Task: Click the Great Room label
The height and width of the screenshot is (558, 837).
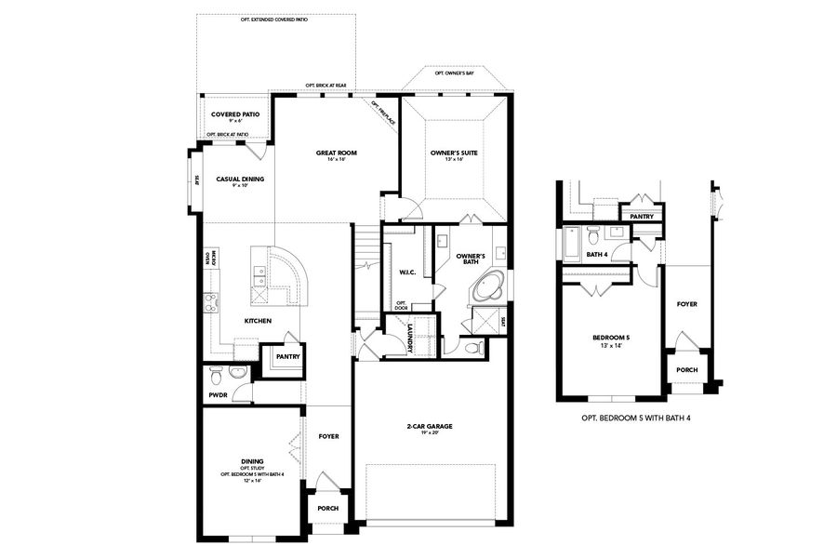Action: [336, 153]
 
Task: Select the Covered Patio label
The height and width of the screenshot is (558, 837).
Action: [234, 114]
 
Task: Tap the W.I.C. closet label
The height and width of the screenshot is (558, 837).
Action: [406, 272]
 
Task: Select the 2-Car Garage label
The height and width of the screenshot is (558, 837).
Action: [429, 427]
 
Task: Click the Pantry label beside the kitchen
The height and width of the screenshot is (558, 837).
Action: [286, 356]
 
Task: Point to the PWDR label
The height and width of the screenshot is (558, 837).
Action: [218, 395]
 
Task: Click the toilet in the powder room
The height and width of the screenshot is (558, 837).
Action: [216, 375]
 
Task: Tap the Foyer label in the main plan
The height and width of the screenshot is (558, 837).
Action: [328, 436]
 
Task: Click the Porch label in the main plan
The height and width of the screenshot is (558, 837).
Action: [327, 509]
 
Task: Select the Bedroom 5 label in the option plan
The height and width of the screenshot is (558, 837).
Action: [611, 338]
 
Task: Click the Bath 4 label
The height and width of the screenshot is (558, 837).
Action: [597, 254]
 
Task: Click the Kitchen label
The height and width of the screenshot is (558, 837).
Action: [258, 321]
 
